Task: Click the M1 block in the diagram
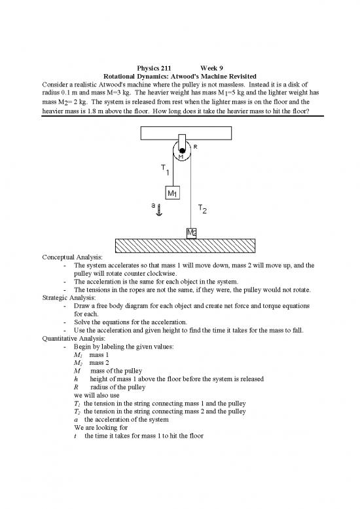tap(173, 193)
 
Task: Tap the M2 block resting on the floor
tap(191, 233)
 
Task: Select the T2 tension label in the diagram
tap(202, 209)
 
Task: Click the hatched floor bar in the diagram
tap(180, 245)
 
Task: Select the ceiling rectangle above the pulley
tap(180, 132)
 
